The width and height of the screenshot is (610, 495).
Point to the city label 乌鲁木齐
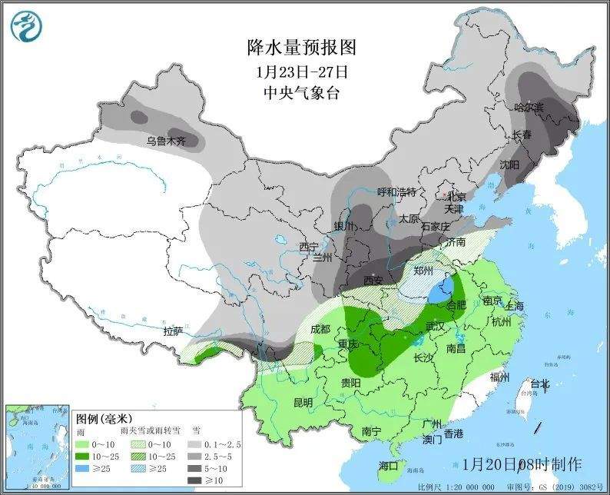pos(167,141)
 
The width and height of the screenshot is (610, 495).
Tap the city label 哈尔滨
pos(528,108)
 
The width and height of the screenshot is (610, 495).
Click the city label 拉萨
pos(174,331)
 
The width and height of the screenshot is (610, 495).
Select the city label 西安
pos(373,281)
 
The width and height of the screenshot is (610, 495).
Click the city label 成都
pos(320,329)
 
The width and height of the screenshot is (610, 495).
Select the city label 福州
pos(499,377)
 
